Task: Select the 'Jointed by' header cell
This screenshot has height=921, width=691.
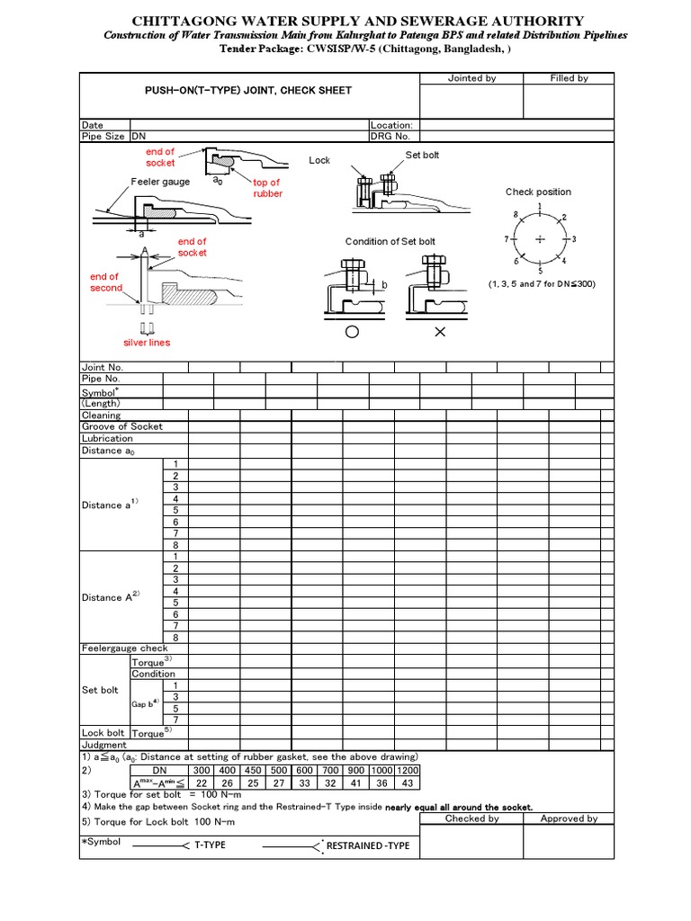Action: (x=471, y=78)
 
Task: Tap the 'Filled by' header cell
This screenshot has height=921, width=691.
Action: (x=569, y=78)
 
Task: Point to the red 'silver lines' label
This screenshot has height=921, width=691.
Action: (x=147, y=343)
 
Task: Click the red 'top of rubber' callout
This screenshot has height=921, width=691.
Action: (x=267, y=188)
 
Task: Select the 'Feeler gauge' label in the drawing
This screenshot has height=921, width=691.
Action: (x=160, y=182)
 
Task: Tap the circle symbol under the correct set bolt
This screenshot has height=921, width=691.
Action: (x=352, y=332)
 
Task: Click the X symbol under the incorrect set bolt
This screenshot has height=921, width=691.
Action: (x=440, y=332)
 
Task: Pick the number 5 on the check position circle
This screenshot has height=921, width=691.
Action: (x=540, y=271)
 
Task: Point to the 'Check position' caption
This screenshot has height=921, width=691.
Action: (x=538, y=192)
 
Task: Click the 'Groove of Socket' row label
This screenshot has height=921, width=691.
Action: (x=122, y=426)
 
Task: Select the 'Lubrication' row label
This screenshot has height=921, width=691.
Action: (x=107, y=438)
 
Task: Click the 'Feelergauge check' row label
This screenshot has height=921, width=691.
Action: (x=124, y=648)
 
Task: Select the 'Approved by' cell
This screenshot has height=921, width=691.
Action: (x=569, y=818)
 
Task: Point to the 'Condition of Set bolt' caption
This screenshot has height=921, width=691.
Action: (x=390, y=241)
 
